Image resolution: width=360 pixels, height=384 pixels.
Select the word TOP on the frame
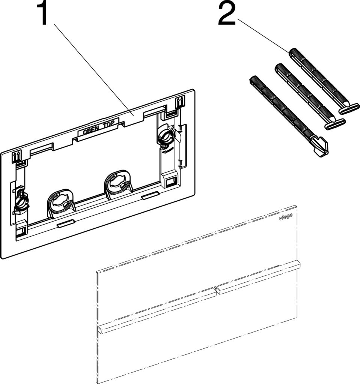pyautogui.click(x=108, y=124)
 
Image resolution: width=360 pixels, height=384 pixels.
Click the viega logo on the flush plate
pyautogui.click(x=286, y=216)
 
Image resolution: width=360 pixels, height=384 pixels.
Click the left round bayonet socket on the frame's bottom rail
pyautogui.click(x=60, y=201)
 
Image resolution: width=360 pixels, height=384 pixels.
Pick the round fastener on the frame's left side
pyautogui.click(x=21, y=201)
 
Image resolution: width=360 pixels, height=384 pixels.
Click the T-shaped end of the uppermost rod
pyautogui.click(x=349, y=109)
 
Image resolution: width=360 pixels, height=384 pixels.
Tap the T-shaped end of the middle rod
pyautogui.click(x=336, y=124)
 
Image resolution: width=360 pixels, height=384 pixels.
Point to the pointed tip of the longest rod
pyautogui.click(x=327, y=153)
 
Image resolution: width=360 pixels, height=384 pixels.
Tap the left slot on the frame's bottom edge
pyautogui.click(x=65, y=223)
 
